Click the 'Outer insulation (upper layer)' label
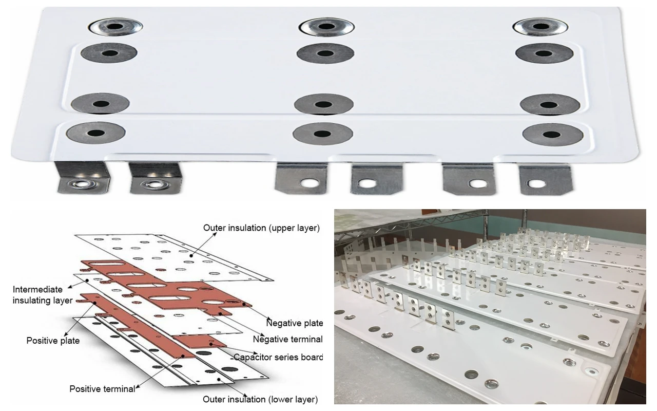tap(261, 228)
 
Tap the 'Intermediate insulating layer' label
tap(43, 295)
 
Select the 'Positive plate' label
tap(53, 341)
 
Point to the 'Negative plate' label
tap(294, 323)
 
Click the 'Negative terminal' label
tap(287, 340)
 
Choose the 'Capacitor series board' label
tap(278, 357)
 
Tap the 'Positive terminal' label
tap(102, 389)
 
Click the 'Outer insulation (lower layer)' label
tap(260, 399)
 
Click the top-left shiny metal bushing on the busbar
tap(115, 27)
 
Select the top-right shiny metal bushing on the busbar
tap(539, 27)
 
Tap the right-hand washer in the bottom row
tap(552, 135)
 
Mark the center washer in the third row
tap(323, 104)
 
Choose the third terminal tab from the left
tap(301, 178)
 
